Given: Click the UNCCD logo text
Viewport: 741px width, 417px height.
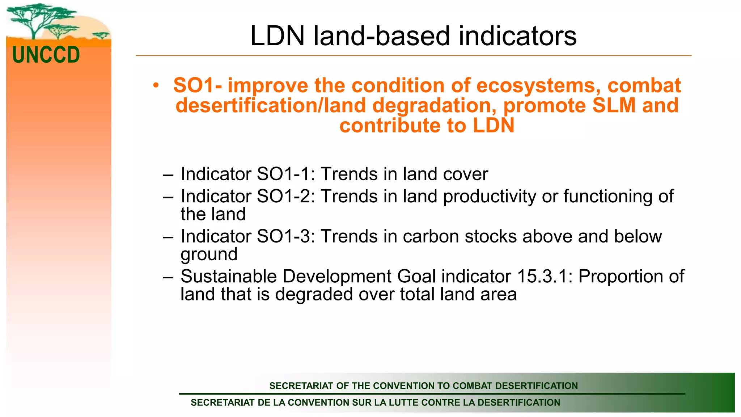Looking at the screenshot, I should pos(46,55).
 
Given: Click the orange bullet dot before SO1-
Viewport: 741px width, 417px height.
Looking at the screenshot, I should pos(156,86).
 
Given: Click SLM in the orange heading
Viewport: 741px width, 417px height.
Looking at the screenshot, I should pos(614,106).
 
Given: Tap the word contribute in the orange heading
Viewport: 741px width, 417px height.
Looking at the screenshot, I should pos(390,126).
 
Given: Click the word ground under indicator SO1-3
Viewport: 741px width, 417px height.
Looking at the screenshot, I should pos(209,254).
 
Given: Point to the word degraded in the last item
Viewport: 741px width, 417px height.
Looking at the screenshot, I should pos(314,294).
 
